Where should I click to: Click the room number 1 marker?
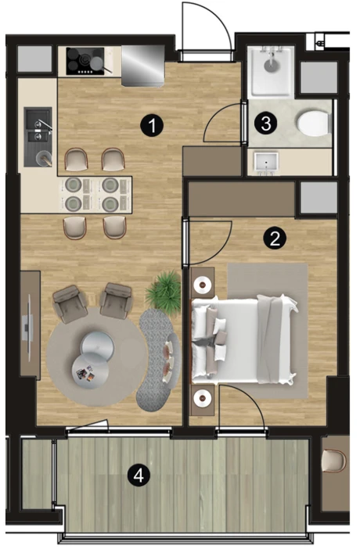pos(152,125)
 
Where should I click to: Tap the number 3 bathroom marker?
pos(266,123)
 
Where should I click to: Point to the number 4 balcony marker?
pos(139,475)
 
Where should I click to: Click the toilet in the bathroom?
pos(312,124)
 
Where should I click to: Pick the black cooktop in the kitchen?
pos(85,61)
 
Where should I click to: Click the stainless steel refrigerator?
pos(143,66)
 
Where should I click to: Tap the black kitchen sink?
pos(38,137)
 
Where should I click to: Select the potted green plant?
pos(164,289)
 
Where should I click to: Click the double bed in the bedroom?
pos(244,340)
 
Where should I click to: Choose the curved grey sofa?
pos(158,359)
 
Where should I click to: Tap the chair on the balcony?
pos(333,461)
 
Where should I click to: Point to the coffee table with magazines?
pos(90,371)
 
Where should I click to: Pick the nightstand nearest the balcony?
pos(203,400)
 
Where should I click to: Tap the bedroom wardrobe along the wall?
pos(241,199)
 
